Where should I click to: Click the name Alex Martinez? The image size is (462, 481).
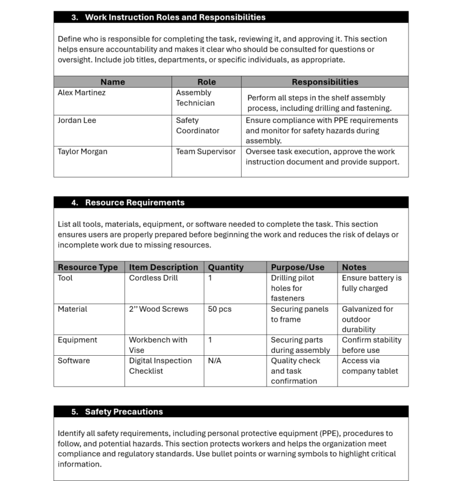pyautogui.click(x=82, y=93)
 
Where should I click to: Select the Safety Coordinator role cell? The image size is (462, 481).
pyautogui.click(x=197, y=125)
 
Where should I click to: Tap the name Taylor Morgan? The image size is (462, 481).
pyautogui.click(x=82, y=152)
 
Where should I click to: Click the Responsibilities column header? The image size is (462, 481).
pyautogui.click(x=324, y=82)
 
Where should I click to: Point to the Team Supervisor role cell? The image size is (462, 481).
pyautogui.click(x=206, y=152)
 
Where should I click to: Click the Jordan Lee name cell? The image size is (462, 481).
pyautogui.click(x=77, y=120)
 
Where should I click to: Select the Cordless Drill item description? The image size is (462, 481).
pyautogui.click(x=153, y=278)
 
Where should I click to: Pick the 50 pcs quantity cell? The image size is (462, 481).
pyautogui.click(x=220, y=309)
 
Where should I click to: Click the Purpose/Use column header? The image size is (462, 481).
pyautogui.click(x=297, y=267)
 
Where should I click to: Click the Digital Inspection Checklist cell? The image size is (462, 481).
pyautogui.click(x=160, y=365)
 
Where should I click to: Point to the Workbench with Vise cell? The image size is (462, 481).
pyautogui.click(x=158, y=345)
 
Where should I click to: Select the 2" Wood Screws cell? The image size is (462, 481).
pyautogui.click(x=158, y=309)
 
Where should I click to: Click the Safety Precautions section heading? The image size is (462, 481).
pyautogui.click(x=123, y=412)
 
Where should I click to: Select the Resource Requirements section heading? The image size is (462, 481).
pyautogui.click(x=134, y=203)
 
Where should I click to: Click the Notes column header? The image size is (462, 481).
pyautogui.click(x=354, y=267)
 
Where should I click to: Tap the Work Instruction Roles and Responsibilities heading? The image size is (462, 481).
pyautogui.click(x=175, y=17)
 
